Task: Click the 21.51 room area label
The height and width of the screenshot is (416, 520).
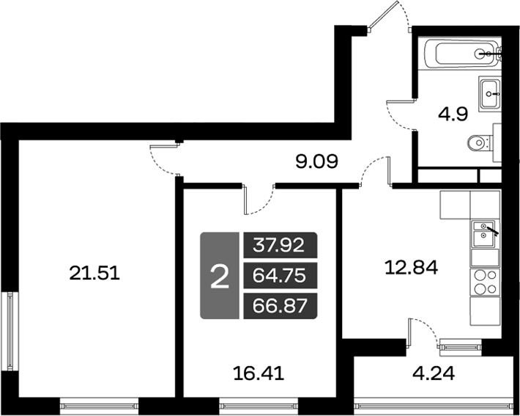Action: (x=93, y=274)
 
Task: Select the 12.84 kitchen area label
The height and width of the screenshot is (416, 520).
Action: (x=411, y=268)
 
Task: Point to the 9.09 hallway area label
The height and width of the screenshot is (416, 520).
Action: (x=316, y=160)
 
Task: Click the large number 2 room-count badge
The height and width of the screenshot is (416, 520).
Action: (x=219, y=276)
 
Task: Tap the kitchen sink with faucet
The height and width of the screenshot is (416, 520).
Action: (x=483, y=235)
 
